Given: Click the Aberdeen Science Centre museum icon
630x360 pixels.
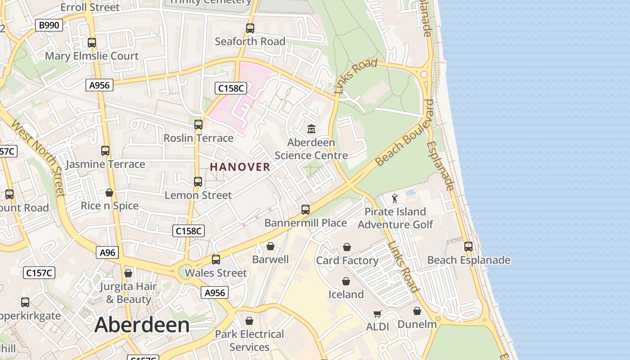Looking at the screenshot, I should pos(311,129).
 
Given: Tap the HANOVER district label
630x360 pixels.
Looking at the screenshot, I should pos(240,167).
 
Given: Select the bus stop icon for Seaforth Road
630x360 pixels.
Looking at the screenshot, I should pos(250,28).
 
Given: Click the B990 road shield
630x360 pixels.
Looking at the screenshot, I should pos(49,25).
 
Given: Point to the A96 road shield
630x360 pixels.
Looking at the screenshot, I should pos(107,252).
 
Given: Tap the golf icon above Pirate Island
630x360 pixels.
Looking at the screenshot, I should pos(395,198).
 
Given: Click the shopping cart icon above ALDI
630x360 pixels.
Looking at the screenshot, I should pos(377,314).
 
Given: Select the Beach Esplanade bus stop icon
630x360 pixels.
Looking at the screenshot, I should pos(468,247).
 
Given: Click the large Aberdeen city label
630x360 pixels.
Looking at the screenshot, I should pos(142,325).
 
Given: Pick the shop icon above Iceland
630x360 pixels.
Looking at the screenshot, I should pos(346,281).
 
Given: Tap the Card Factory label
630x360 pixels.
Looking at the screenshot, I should pos(347,261).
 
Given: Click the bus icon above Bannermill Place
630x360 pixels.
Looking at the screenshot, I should pos(306,210).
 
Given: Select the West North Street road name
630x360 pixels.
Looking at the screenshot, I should pos(38,157).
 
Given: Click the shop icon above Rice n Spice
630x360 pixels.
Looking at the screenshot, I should pos(109,193).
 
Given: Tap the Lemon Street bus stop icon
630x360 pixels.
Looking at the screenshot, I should pos(198,182).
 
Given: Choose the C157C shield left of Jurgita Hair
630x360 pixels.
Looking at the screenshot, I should pos(39,272).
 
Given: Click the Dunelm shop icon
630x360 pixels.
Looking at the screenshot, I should pos(417,311).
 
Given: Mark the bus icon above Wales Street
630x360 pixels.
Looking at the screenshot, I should pos(216,260).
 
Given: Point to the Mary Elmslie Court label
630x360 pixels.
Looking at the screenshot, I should pos(92,56).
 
